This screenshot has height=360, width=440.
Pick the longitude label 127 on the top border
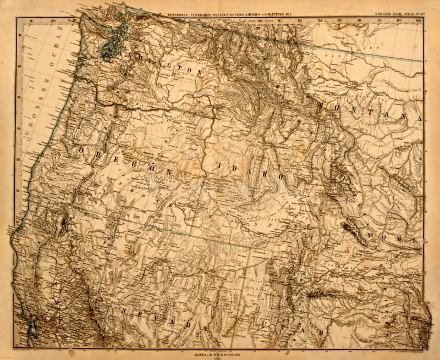click(x=31, y=21)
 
